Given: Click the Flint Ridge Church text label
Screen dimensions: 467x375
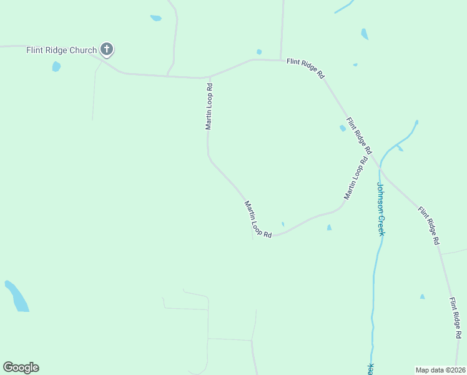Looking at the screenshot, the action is coord(61,50).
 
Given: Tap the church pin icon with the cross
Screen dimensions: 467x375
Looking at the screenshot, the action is coord(107,49).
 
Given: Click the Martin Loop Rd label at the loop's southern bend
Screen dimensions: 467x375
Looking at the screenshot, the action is coord(258,219).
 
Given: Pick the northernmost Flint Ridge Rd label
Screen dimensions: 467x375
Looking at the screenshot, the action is coord(305,68).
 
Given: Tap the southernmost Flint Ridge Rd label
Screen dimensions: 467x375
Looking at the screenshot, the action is coord(455,318).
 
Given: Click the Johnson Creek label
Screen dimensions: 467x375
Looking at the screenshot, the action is coord(380,209).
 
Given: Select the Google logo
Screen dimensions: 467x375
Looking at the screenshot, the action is coord(21,367).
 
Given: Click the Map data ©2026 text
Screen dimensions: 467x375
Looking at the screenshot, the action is coord(440,369).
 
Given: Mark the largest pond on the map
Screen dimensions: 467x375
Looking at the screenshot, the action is coord(17,296).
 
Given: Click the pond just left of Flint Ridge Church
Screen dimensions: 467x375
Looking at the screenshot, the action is coord(56,66).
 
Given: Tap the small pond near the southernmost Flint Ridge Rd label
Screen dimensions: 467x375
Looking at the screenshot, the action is coord(423,296).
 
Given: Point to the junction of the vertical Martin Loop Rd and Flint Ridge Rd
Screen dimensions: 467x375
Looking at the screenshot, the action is coord(209,77).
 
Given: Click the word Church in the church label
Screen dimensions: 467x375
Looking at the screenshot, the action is coord(83,50).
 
